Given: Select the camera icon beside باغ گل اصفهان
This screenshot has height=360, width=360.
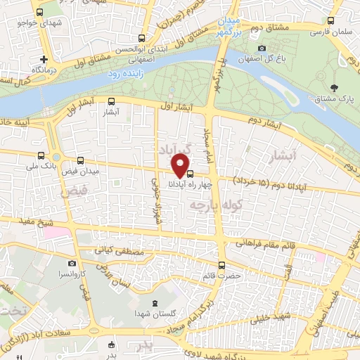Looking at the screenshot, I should (x=262, y=49).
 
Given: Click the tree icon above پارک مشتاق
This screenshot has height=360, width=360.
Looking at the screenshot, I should (x=334, y=87).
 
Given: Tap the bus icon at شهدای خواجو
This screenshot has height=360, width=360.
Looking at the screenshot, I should (x=39, y=13).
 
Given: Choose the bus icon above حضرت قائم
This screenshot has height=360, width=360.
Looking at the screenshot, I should (x=222, y=265).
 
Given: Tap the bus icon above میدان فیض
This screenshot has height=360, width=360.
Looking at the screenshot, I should (x=82, y=161).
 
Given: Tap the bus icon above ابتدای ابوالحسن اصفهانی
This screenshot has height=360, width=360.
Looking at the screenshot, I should (x=143, y=39).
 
